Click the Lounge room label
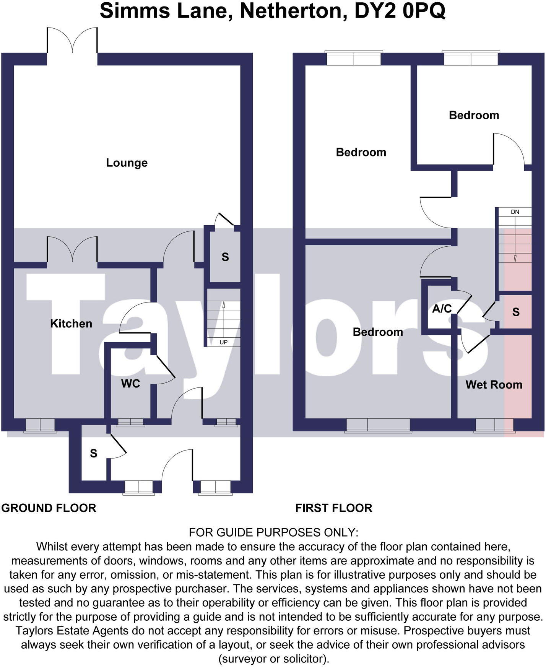pyautogui.click(x=127, y=163)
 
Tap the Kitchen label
pyautogui.click(x=71, y=324)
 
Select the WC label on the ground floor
pyautogui.click(x=130, y=384)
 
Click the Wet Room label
pyautogui.click(x=494, y=385)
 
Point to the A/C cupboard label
pyautogui.click(x=442, y=309)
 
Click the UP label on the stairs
pyautogui.click(x=224, y=342)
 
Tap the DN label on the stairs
pyautogui.click(x=515, y=212)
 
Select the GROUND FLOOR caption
pyautogui.click(x=49, y=508)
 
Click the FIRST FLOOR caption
pyautogui.click(x=333, y=508)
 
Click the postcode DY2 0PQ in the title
pyautogui.click(x=400, y=11)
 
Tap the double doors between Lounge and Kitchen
pyautogui.click(x=72, y=250)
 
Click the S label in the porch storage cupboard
pyautogui.click(x=94, y=454)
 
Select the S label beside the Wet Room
pyautogui.click(x=516, y=312)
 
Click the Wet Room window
pyautogui.click(x=494, y=425)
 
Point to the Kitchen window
pyautogui.click(x=40, y=425)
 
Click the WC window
pyautogui.click(x=130, y=422)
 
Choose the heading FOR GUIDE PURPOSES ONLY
pyautogui.click(x=273, y=532)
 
